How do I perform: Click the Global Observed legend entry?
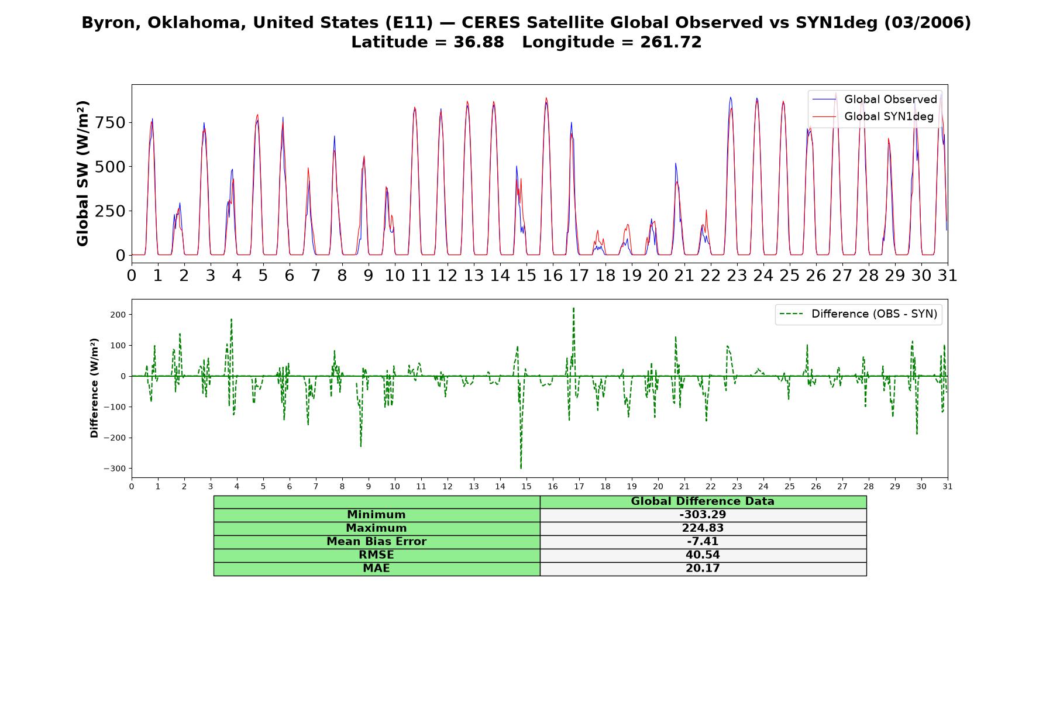click(875, 99)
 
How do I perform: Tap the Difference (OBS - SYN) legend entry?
click(858, 314)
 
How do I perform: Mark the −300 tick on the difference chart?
click(115, 469)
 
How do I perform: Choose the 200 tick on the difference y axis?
click(119, 315)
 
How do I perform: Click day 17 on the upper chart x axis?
click(579, 275)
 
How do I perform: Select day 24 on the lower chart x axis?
click(763, 486)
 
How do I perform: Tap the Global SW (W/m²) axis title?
click(82, 174)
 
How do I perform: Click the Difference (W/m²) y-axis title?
click(94, 388)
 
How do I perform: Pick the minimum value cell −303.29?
click(703, 515)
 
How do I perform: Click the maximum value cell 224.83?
click(703, 528)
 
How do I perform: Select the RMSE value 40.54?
click(703, 555)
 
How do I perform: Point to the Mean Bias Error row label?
click(376, 542)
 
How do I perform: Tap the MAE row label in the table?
click(376, 569)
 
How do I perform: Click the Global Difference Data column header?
click(703, 501)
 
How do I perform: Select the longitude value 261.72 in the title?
click(670, 42)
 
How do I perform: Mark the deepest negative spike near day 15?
click(521, 468)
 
